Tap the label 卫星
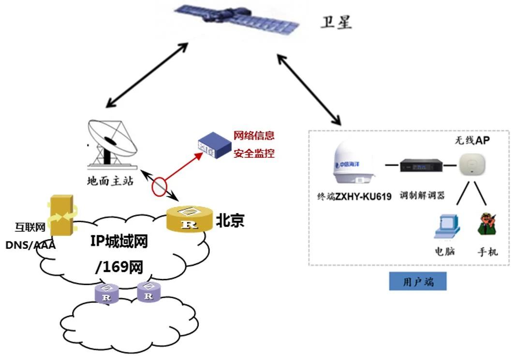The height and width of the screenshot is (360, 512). (336, 22)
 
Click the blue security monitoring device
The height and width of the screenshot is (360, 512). (213, 147)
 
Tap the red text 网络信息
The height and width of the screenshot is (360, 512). (254, 135)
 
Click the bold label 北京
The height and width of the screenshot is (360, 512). (230, 221)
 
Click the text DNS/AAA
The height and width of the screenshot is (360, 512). (30, 245)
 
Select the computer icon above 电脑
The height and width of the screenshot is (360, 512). (446, 226)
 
